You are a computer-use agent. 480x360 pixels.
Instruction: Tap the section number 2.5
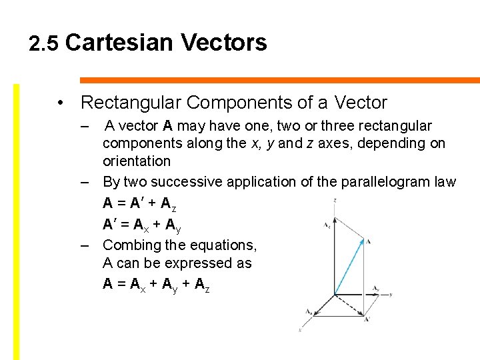tap(45, 44)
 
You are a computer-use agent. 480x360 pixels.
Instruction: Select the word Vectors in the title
tap(223, 43)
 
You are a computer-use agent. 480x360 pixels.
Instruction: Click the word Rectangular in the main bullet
tap(131, 103)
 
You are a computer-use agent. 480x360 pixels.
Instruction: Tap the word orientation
tap(136, 161)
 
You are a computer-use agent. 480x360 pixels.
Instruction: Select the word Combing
tap(133, 245)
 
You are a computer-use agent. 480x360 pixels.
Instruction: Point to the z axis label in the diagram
tap(335, 200)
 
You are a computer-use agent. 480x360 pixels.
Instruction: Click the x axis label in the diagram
tap(301, 330)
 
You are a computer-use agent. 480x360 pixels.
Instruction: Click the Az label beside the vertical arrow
tap(327, 226)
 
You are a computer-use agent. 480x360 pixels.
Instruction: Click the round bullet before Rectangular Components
tap(61, 103)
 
